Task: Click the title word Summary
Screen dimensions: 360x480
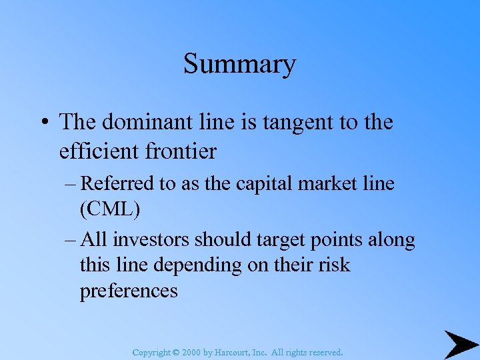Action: tap(239, 65)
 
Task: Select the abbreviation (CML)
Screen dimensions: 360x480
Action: tap(110, 209)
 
